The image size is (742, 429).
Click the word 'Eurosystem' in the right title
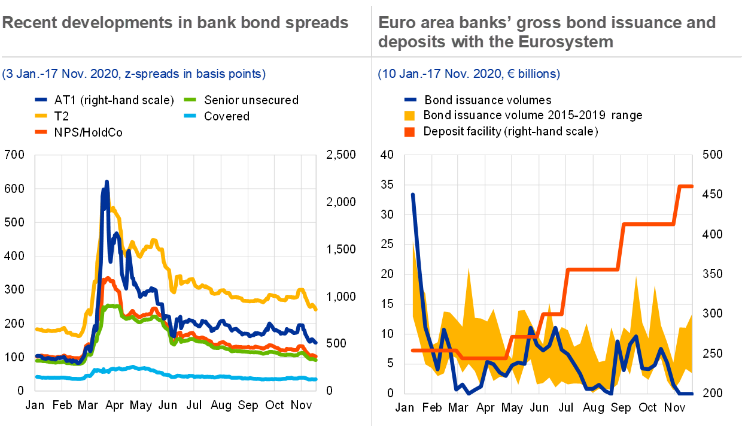click(x=568, y=42)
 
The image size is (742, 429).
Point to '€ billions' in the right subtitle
click(x=533, y=74)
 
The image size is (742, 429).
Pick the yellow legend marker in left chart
click(x=41, y=115)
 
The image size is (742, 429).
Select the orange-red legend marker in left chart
click(x=41, y=131)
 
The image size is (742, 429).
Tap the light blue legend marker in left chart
click(x=190, y=115)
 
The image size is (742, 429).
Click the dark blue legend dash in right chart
click(x=410, y=100)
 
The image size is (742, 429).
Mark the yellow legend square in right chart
click(x=410, y=116)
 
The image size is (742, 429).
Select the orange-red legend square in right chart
click(x=410, y=132)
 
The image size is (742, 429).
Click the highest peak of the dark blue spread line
click(x=107, y=182)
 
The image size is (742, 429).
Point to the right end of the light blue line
click(x=315, y=379)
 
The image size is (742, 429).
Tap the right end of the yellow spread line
click(x=315, y=309)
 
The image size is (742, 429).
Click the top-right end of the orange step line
click(x=691, y=186)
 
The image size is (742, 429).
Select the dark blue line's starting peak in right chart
click(x=413, y=194)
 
